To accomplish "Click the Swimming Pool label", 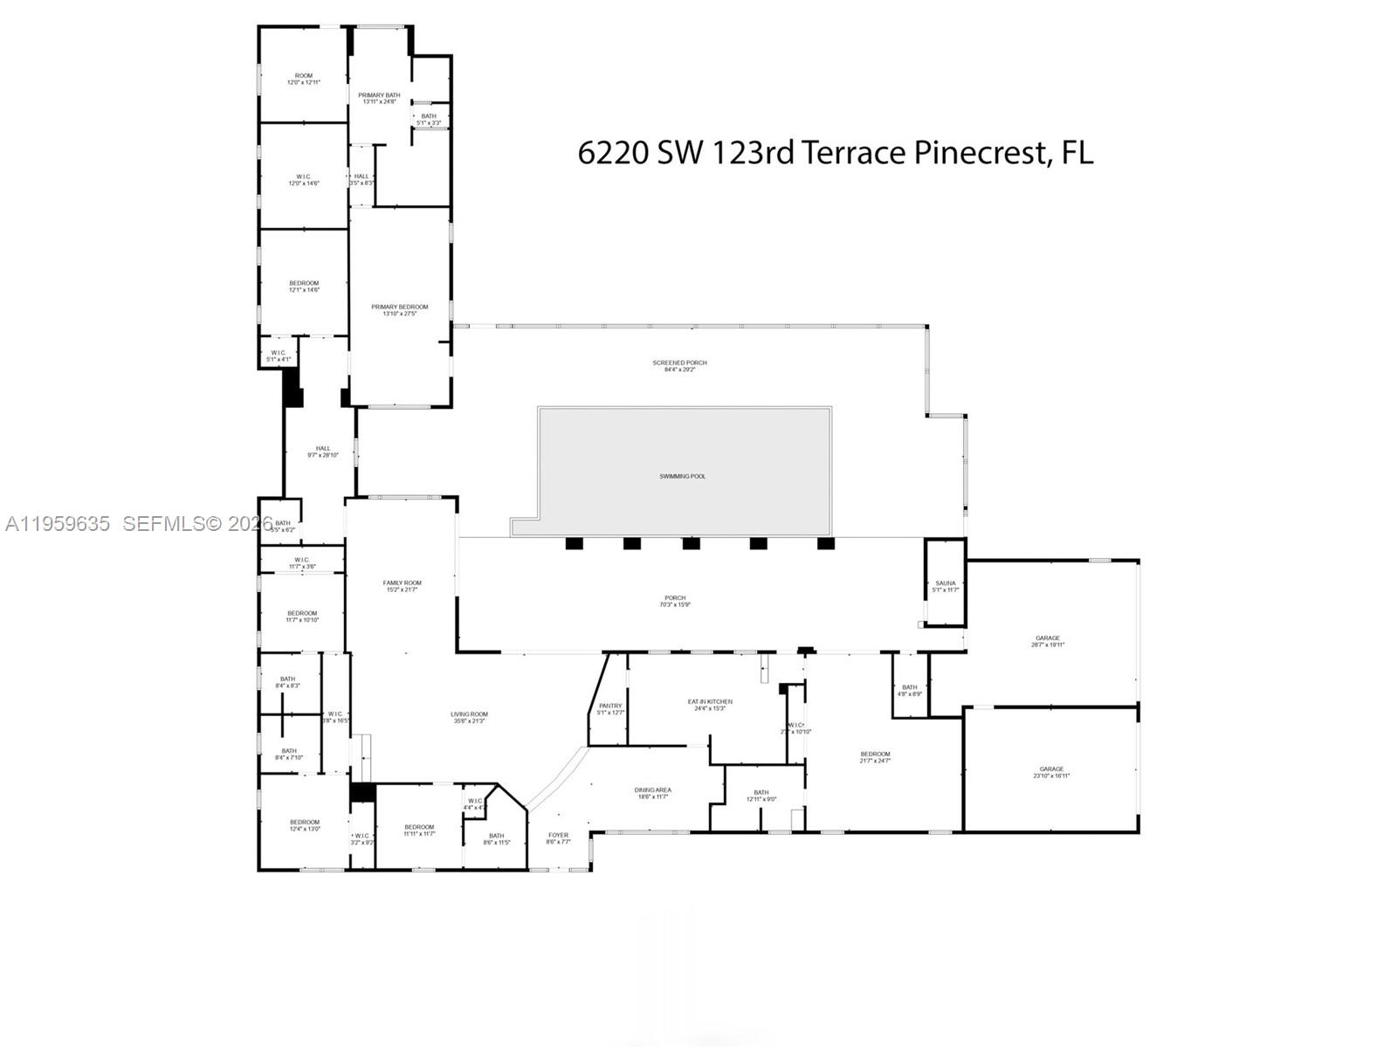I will tap(683, 476).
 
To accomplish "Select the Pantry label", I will tap(610, 708).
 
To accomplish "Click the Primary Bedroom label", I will tap(400, 309).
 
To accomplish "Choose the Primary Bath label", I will tap(380, 98).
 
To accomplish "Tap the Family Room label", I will tap(402, 586).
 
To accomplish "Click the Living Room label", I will tap(470, 717).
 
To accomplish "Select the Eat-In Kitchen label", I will tap(710, 704).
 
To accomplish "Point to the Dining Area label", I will tap(652, 793).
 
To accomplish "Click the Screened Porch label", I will tap(679, 365).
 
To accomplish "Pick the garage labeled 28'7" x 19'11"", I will tap(1048, 641).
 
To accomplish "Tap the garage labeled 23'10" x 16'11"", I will tap(1051, 772).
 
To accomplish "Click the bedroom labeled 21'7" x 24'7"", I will tap(875, 757).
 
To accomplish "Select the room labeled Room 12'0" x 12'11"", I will tap(304, 79).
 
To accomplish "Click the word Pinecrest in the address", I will tap(980, 153).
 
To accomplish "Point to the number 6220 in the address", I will tap(613, 153).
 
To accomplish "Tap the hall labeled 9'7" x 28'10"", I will tap(323, 452).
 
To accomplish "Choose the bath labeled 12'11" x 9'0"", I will tap(761, 796).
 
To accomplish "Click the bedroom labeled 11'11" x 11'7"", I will tap(419, 831).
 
